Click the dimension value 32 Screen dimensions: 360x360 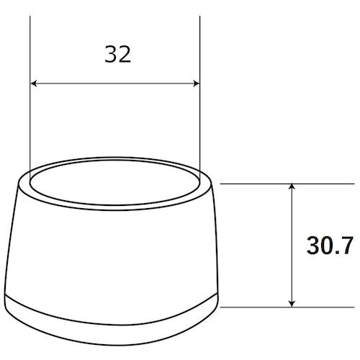117,55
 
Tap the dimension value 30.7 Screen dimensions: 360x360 328,247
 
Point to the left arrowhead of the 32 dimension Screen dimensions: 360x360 35,84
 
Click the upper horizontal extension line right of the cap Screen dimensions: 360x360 259,184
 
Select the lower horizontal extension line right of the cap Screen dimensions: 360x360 259,306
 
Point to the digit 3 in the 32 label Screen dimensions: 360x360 109,55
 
